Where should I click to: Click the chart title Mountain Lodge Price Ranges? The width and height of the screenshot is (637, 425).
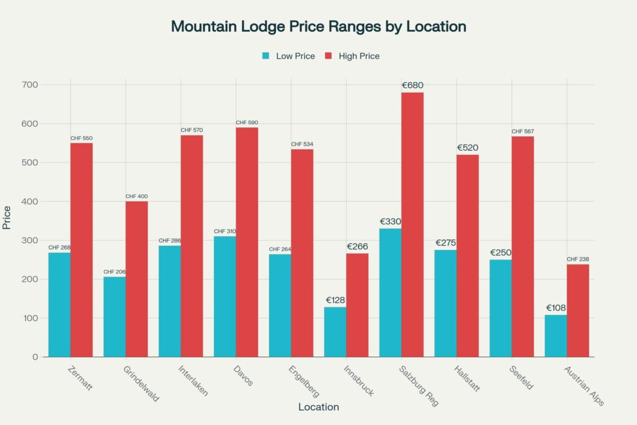click(318, 27)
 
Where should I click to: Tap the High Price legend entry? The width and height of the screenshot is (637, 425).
click(352, 56)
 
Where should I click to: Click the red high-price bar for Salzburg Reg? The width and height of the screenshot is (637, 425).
click(412, 224)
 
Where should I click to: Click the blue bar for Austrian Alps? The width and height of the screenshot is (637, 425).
click(556, 336)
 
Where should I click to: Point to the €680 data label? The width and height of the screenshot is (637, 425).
click(412, 85)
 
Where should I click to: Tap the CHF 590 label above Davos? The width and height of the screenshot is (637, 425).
click(247, 123)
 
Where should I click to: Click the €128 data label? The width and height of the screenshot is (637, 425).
click(335, 300)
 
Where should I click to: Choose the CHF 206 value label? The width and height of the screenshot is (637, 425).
click(114, 272)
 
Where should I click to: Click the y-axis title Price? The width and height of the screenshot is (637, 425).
click(7, 217)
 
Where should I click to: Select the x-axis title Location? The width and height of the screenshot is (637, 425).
click(318, 407)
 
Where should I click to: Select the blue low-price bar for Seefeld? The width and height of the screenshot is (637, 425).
click(501, 308)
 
